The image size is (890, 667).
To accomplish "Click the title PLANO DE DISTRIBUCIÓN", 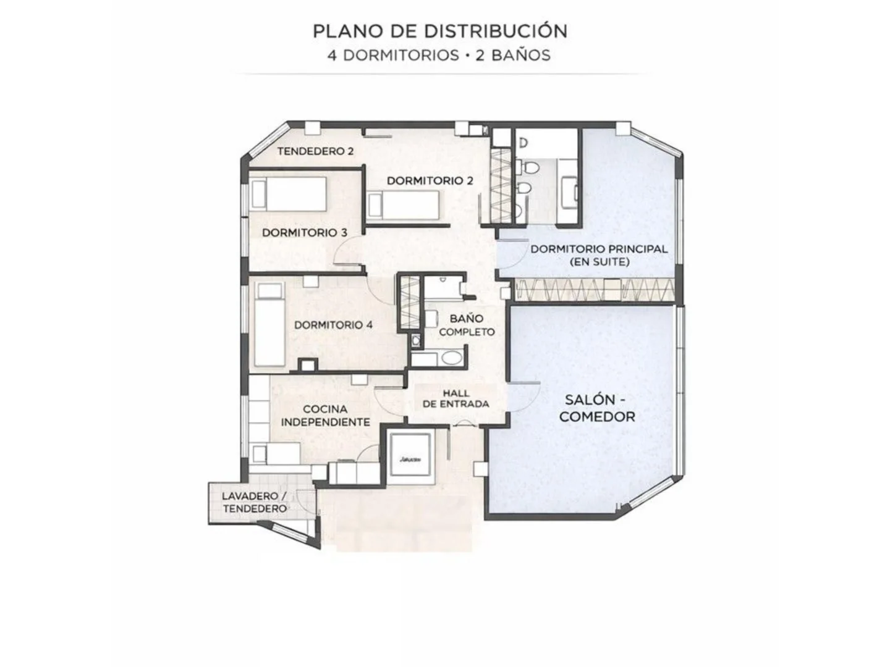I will point(439,30).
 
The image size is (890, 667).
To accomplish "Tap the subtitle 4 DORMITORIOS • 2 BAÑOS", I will point(439,55).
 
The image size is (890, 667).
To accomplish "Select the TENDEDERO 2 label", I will point(315,151).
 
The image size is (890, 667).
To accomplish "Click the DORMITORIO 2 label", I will point(430,180).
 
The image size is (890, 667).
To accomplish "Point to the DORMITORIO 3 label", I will point(304,233).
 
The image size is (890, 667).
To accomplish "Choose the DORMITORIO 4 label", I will point(333,325).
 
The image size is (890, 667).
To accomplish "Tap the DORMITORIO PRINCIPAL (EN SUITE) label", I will point(598,255).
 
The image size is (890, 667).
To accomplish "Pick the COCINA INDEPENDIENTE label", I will point(325,416).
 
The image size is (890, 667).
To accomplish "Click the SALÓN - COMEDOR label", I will point(596,408).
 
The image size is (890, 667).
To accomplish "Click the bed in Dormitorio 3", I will point(287,195).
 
